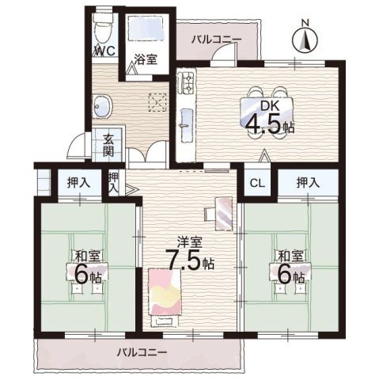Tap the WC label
[104, 51]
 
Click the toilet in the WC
[102, 31]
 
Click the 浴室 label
[143, 59]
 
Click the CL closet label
[256, 183]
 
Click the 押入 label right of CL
[309, 183]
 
